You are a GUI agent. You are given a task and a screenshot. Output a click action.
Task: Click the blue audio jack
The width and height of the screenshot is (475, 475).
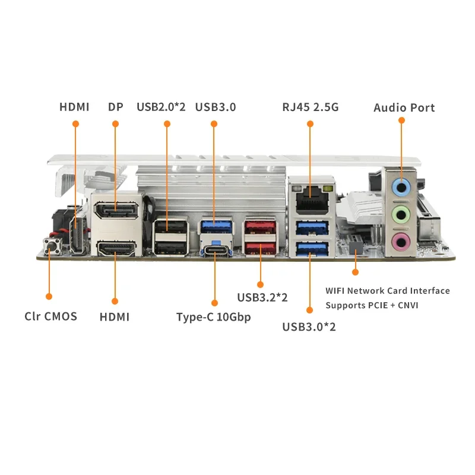[x=401, y=187]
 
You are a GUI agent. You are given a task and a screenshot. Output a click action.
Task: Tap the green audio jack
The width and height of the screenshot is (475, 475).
[x=401, y=215]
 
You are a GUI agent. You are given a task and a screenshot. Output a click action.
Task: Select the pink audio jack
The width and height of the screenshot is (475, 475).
[x=401, y=242]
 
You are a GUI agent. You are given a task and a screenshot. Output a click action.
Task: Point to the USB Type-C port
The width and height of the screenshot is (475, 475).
[x=216, y=250]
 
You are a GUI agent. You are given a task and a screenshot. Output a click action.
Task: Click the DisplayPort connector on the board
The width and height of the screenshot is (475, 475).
[x=116, y=210]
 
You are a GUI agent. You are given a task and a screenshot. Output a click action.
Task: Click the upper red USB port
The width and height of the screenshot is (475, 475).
[x=260, y=227]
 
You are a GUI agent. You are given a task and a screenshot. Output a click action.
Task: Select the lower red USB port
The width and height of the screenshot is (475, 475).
[x=260, y=248]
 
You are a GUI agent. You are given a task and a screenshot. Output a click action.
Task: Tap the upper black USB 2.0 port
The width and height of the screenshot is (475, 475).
[x=170, y=227]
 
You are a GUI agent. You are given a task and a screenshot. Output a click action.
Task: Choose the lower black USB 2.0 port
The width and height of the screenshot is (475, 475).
[x=170, y=248]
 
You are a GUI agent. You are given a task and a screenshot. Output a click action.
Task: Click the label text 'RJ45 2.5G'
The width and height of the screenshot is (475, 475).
[x=310, y=107]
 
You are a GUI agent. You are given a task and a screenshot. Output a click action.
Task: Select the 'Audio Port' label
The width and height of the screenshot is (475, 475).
[x=404, y=108]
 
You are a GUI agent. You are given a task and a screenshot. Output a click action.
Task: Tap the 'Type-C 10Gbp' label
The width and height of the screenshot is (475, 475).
[x=214, y=317]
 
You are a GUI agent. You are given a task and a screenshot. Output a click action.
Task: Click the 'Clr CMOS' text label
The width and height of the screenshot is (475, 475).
[x=50, y=316]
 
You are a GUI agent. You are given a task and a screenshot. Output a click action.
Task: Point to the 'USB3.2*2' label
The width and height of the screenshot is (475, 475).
[x=262, y=297]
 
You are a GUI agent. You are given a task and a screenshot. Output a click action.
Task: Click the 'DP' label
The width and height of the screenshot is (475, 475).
[x=115, y=107]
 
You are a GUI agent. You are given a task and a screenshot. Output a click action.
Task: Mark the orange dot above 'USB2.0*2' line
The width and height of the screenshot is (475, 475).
[x=167, y=124]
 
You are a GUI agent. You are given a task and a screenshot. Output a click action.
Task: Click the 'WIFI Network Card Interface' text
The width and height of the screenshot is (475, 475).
[x=388, y=291]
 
